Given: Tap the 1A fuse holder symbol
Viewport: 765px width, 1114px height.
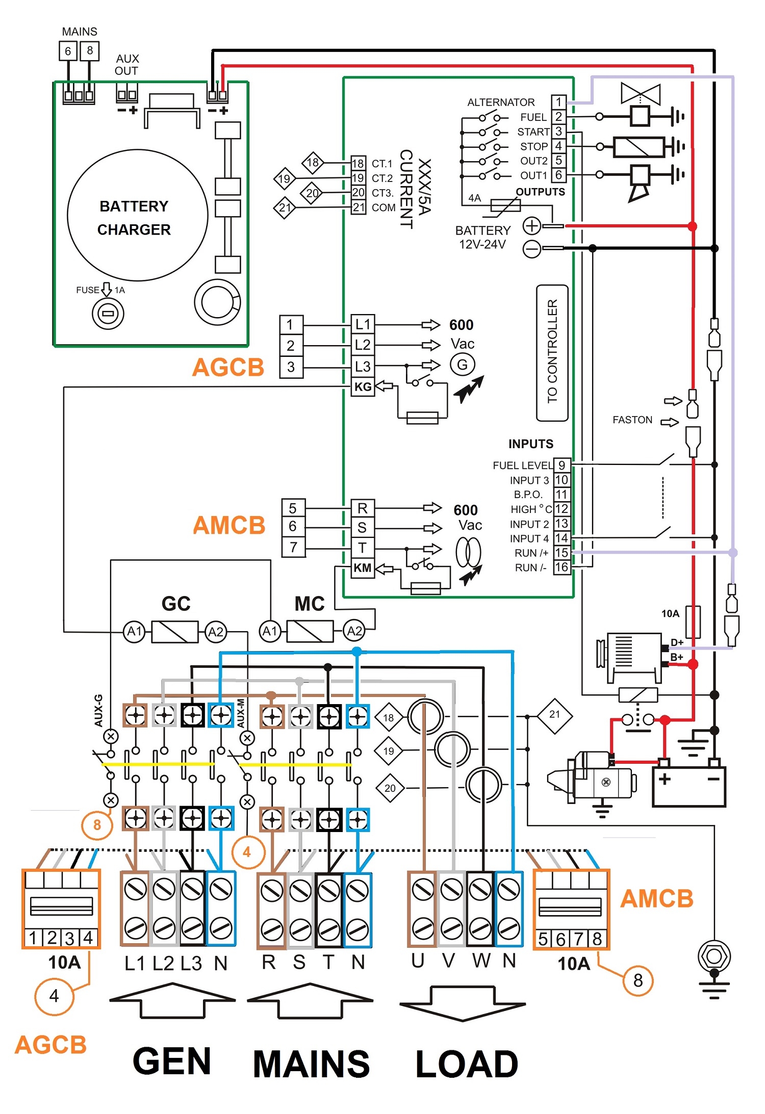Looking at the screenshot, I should pos(108,313).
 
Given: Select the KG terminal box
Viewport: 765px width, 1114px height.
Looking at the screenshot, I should pos(363,387).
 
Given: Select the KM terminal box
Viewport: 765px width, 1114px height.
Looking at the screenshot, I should pos(363,568).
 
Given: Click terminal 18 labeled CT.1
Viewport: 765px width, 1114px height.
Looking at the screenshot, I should pos(358,164).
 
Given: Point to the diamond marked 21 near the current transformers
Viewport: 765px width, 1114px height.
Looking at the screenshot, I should pos(554,715).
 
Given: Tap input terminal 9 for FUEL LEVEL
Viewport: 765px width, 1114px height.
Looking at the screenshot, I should pos(562,465).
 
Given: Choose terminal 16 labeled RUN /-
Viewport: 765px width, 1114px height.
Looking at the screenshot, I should pos(562,567).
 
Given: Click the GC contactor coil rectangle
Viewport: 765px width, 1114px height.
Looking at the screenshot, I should pos(175,632).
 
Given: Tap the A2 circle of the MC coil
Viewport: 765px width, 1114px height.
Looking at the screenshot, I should pos(354,631).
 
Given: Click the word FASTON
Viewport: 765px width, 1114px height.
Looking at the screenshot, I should pos(632,420).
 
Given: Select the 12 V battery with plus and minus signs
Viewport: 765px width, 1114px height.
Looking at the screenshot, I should pos(688,785).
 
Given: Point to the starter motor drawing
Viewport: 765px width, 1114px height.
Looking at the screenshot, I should pos(592,778).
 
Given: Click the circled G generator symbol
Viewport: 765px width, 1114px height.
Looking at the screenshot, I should pos(462,365).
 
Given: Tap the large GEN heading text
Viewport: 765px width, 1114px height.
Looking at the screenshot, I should pos(172,1061).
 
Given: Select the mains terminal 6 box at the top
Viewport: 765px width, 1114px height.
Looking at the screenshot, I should pos(68,51).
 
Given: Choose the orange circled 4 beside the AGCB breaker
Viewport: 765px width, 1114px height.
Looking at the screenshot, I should pos(54,996).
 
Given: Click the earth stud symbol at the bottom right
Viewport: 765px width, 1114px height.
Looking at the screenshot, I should pos(714,956).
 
